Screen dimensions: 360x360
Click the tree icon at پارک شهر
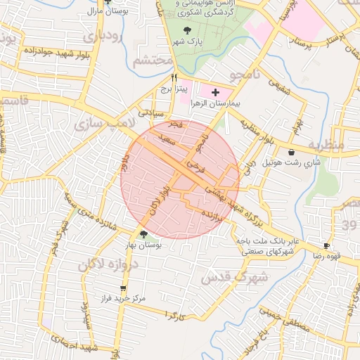point(187,30)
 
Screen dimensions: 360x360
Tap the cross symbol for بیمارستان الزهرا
point(215,92)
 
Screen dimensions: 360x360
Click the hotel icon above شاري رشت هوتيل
point(291,152)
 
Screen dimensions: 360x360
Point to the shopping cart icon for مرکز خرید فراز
point(124,288)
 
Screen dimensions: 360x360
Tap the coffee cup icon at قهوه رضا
point(326,245)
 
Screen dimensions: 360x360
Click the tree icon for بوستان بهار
point(143,234)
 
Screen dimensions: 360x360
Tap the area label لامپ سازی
point(99,125)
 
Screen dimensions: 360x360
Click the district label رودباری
point(103,36)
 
